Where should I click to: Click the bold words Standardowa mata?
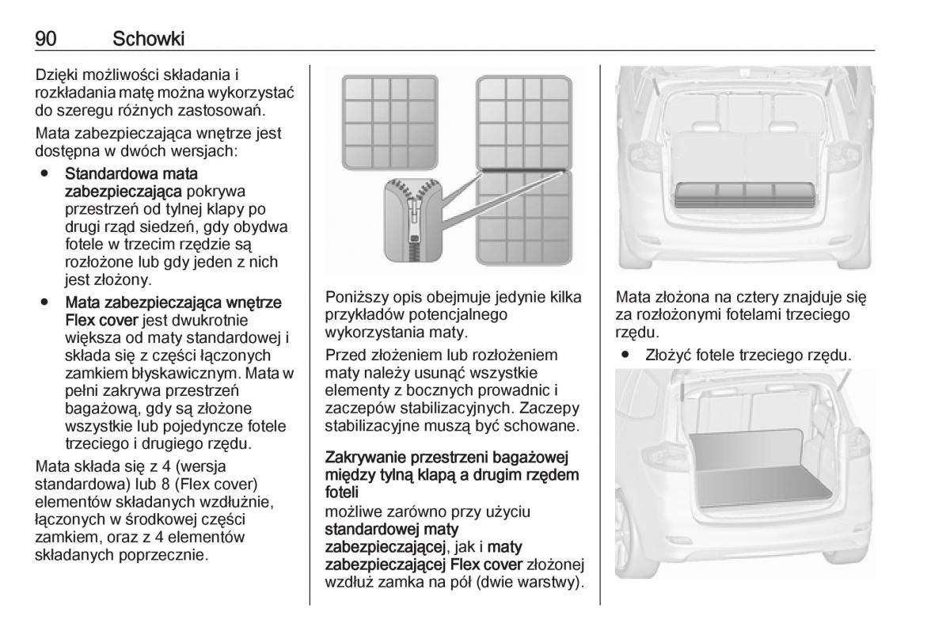(x=131, y=173)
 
